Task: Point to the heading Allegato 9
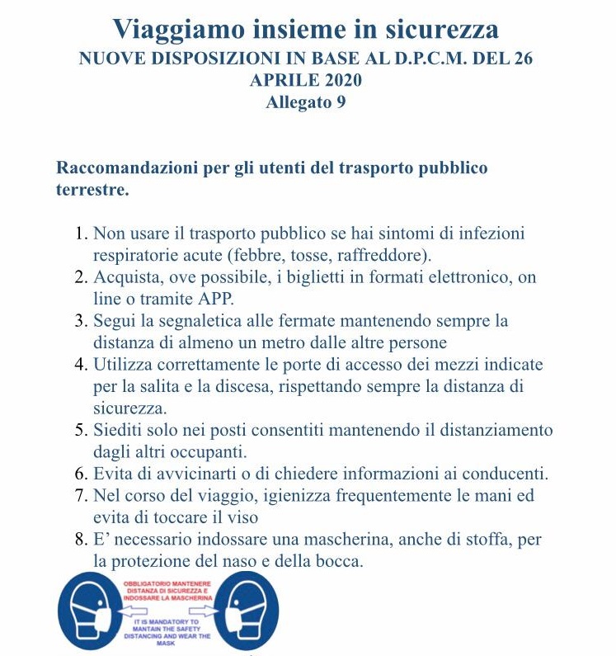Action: pyautogui.click(x=305, y=103)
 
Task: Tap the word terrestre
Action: pyautogui.click(x=91, y=190)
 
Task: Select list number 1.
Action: pyautogui.click(x=80, y=234)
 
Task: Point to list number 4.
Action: pyautogui.click(x=80, y=364)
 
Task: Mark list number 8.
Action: pyautogui.click(x=80, y=539)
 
